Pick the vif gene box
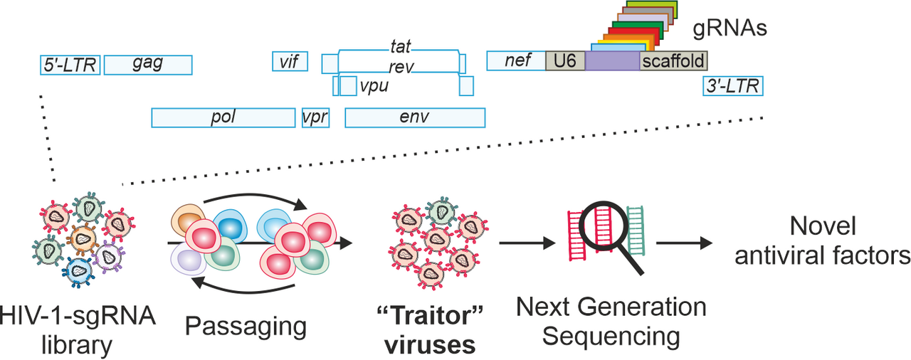pyautogui.click(x=289, y=61)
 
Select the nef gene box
pyautogui.click(x=516, y=60)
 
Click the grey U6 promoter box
pyautogui.click(x=564, y=60)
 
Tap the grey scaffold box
pyautogui.click(x=673, y=60)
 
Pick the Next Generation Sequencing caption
pyautogui.click(x=611, y=322)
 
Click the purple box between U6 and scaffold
pyautogui.click(x=612, y=60)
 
